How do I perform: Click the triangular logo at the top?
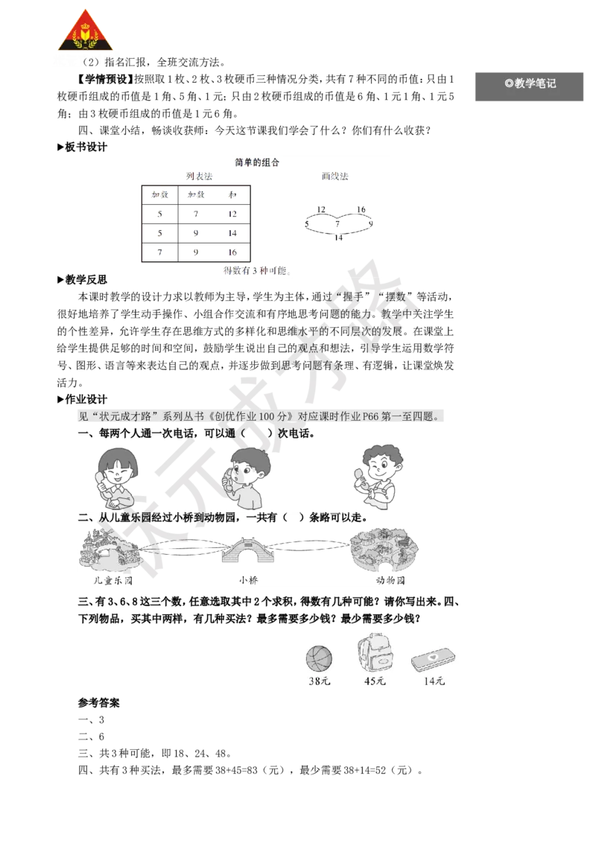pyautogui.click(x=85, y=31)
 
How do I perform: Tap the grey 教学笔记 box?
pyautogui.click(x=529, y=86)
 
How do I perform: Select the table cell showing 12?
pyautogui.click(x=232, y=214)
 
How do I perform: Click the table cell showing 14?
pyautogui.click(x=232, y=233)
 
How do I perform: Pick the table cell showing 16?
pyautogui.click(x=232, y=252)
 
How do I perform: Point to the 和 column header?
pyautogui.click(x=232, y=194)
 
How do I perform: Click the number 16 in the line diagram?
pyautogui.click(x=361, y=209)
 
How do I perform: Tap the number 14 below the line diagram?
pyautogui.click(x=338, y=238)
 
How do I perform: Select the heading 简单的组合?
pyautogui.click(x=257, y=162)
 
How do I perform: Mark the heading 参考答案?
pyautogui.click(x=99, y=703)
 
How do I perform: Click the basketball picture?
pyautogui.click(x=319, y=658)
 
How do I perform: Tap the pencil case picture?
pyautogui.click(x=433, y=660)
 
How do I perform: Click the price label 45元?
pyautogui.click(x=375, y=681)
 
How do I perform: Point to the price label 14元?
pyautogui.click(x=434, y=681)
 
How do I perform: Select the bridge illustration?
pyautogui.click(x=244, y=550)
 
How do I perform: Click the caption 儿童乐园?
pyautogui.click(x=113, y=581)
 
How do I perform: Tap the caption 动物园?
pyautogui.click(x=390, y=581)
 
